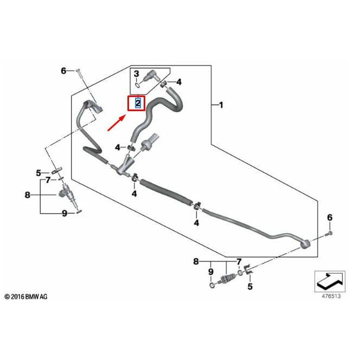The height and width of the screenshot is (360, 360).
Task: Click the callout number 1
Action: (221, 104)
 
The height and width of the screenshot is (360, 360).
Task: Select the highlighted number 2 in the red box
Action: (138, 102)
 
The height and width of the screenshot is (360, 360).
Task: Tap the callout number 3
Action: (137, 74)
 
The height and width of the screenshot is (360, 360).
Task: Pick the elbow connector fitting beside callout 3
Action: (154, 77)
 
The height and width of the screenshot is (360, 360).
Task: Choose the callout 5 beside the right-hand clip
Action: (250, 286)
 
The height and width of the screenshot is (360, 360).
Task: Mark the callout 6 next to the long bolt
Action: (63, 71)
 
